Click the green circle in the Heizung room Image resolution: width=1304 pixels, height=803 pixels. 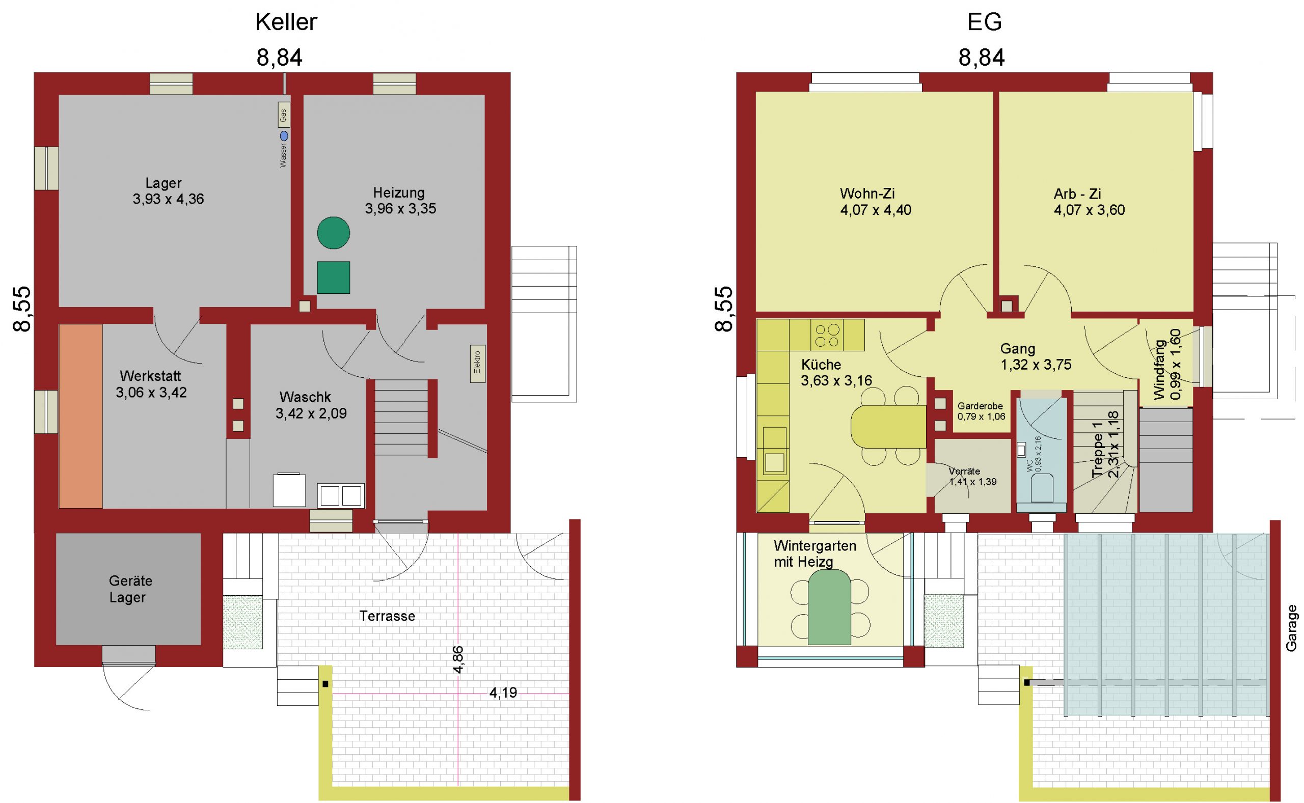point(334,233)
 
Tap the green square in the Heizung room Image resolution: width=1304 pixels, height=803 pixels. point(334,277)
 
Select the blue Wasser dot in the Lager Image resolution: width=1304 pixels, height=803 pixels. point(284,136)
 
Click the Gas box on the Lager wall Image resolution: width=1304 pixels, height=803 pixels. point(284,115)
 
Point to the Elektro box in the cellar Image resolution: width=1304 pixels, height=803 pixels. point(477,364)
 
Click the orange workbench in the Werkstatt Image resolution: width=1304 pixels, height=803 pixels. point(81,417)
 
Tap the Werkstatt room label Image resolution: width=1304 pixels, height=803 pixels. point(150,376)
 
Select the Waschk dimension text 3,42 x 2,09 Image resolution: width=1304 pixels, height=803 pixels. point(311,413)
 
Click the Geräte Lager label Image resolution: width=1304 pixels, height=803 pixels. point(130,589)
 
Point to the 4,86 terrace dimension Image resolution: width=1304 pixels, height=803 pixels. point(458,659)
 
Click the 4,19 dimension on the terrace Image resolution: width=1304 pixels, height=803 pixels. point(502,693)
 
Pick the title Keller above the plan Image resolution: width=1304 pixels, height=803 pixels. point(286,22)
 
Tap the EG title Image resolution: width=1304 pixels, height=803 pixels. point(984,22)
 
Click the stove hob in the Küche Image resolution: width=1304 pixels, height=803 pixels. point(827,335)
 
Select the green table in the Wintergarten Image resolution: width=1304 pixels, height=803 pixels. point(829,607)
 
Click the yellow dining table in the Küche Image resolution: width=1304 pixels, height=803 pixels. point(888,427)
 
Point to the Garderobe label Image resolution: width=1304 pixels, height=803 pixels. point(980,406)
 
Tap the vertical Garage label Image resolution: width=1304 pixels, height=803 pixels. point(1291,628)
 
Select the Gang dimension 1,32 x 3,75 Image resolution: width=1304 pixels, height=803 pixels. point(1036,365)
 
